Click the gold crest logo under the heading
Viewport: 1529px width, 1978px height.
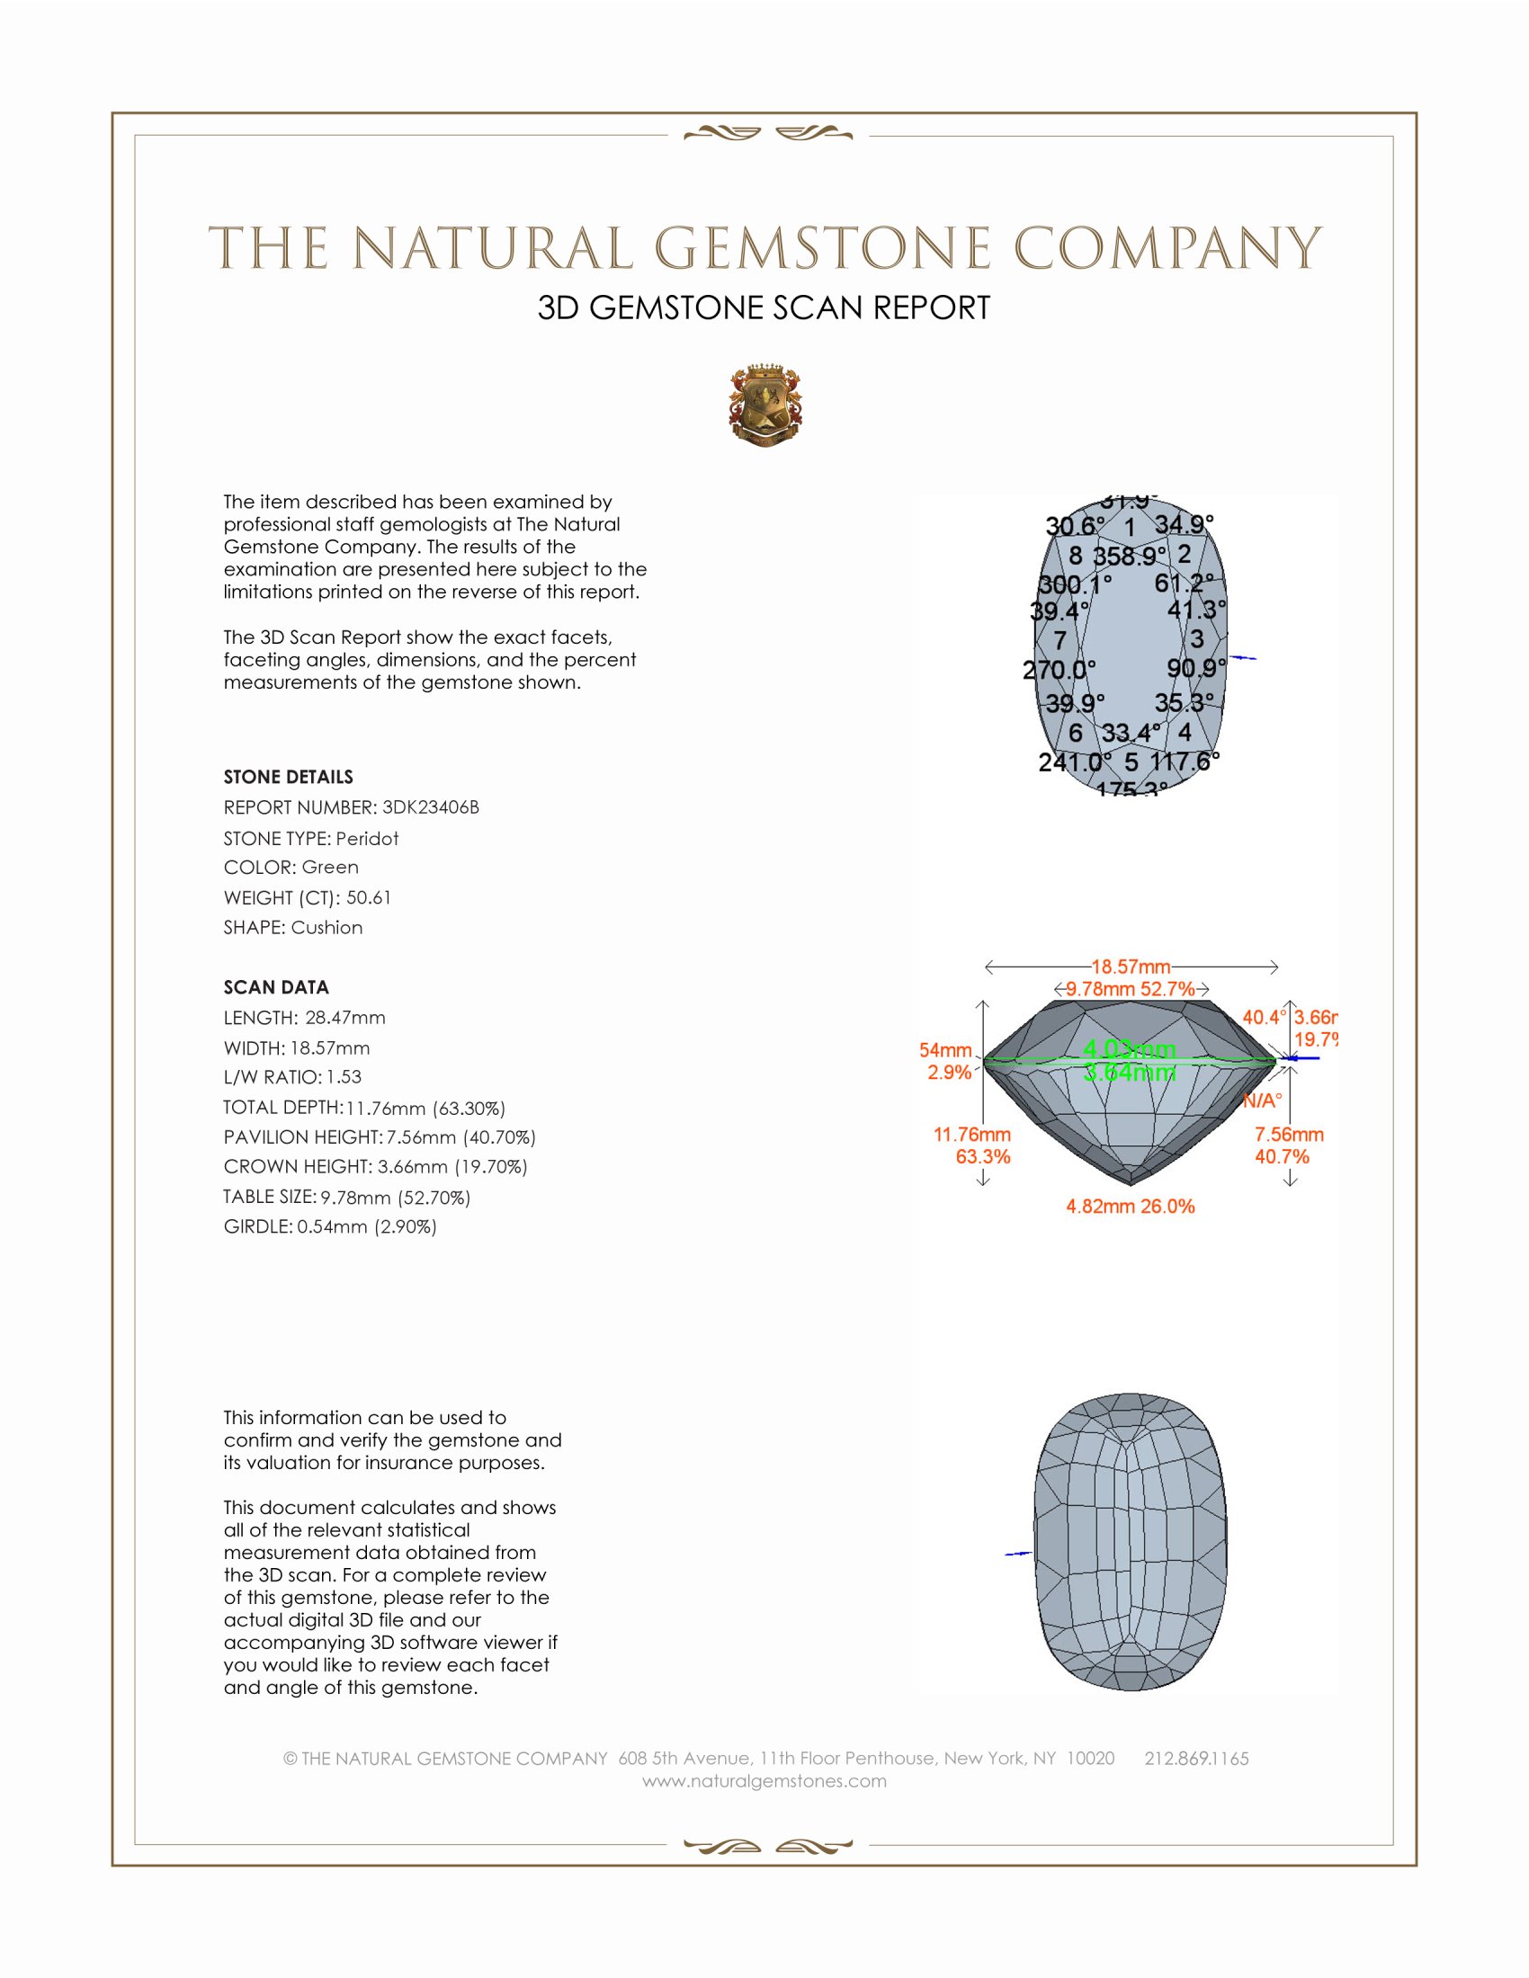pos(765,406)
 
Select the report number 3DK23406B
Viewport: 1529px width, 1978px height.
pos(430,807)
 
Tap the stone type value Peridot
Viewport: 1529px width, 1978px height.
pos(367,839)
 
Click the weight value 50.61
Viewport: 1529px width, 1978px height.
pos(369,897)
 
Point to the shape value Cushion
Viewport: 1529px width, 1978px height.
pos(326,928)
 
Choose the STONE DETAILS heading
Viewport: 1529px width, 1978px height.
pos(288,777)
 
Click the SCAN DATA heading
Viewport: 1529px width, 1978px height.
pos(276,987)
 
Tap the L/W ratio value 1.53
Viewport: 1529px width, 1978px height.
pos(344,1077)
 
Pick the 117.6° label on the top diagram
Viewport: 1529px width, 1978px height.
pos(1185,762)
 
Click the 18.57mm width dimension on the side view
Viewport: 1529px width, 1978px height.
pos(1131,967)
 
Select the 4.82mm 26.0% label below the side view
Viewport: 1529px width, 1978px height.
pos(1131,1207)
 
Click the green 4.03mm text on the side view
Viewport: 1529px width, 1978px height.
pos(1130,1048)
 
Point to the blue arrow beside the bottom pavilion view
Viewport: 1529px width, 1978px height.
pos(1019,1555)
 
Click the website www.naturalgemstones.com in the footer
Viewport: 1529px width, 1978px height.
pos(764,1781)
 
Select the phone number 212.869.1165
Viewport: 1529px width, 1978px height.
pos(1196,1759)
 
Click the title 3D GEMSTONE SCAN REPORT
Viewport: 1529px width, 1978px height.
pos(764,307)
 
